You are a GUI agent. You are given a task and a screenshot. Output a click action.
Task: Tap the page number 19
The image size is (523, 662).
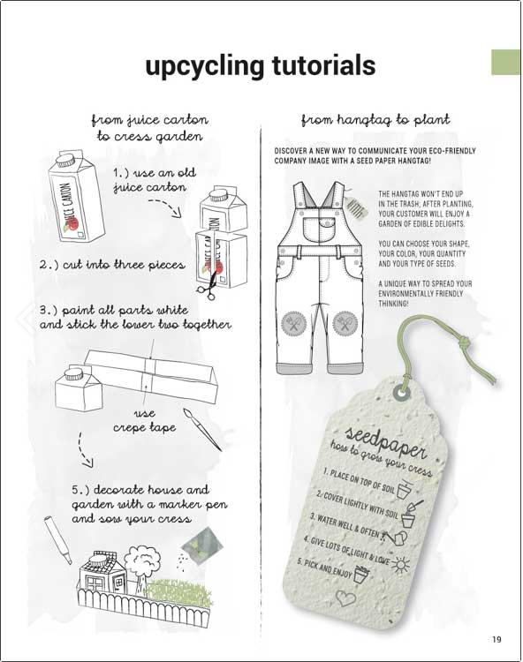[x=496, y=639]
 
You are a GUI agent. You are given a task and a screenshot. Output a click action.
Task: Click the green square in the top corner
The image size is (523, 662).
[x=505, y=62]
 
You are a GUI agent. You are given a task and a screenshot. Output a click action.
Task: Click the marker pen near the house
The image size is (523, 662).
[x=58, y=539]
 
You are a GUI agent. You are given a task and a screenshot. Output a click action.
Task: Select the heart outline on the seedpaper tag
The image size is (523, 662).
[x=346, y=598]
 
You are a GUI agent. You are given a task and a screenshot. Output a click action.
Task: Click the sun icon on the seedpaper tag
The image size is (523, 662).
[x=401, y=564]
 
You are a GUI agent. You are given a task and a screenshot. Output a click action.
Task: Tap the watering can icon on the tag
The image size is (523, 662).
[x=396, y=538]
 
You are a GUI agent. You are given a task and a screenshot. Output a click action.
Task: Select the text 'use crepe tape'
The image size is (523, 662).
[x=145, y=421]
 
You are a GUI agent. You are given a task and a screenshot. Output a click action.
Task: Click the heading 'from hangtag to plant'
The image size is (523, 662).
[x=375, y=121]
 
